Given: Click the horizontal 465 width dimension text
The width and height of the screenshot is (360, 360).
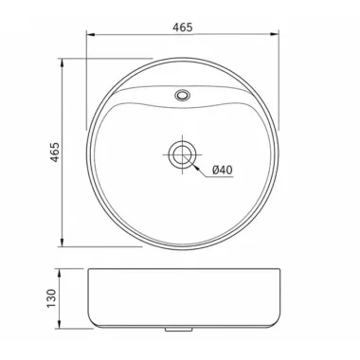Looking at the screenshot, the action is click(x=182, y=27).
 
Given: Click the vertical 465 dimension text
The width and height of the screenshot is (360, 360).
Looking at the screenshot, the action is click(x=55, y=153).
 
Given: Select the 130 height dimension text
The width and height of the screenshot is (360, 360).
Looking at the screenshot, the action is click(x=51, y=298).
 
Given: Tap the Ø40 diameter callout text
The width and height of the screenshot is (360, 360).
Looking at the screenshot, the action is click(x=223, y=171).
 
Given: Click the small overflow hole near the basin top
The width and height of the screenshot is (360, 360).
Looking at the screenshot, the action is click(x=183, y=95).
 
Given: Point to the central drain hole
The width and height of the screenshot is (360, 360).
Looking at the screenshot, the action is click(x=182, y=155).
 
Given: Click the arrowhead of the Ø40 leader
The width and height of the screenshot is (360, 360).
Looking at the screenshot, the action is click(x=197, y=168).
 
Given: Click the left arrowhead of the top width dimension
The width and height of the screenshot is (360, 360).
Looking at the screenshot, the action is click(x=91, y=34).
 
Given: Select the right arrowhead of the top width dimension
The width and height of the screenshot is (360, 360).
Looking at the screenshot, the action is click(x=274, y=34).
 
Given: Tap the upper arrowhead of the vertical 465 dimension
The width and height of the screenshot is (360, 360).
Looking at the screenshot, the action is click(x=63, y=63).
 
